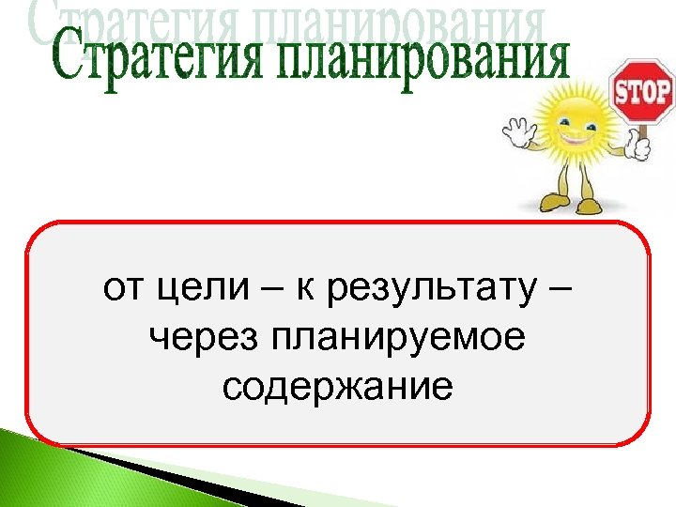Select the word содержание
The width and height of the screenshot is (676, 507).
coord(338,386)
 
